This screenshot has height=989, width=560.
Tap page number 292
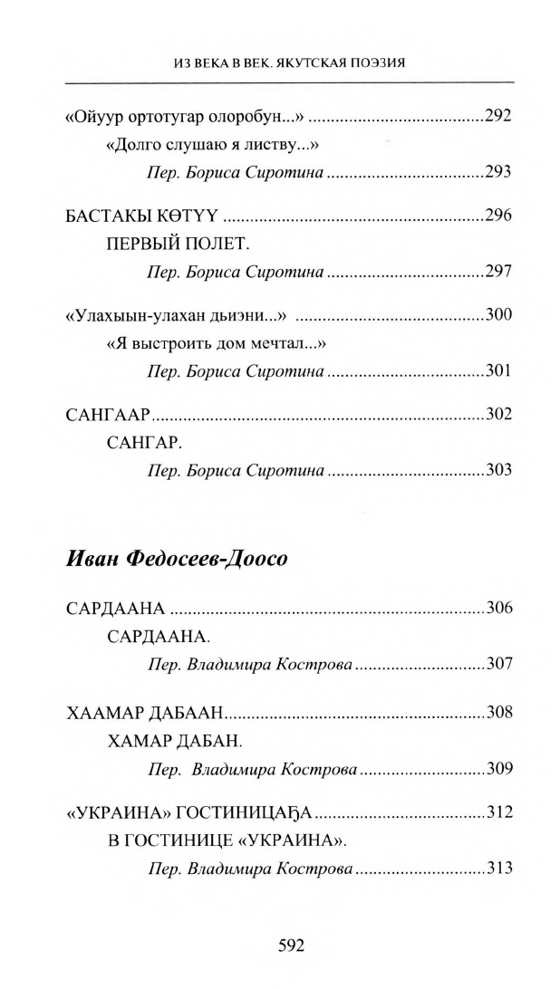click(498, 116)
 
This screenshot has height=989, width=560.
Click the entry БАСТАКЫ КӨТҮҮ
click(145, 216)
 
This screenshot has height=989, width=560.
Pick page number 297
click(498, 272)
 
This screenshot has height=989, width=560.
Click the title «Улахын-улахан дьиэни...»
click(177, 315)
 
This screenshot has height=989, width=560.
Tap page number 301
click(498, 371)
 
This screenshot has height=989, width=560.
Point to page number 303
click(498, 471)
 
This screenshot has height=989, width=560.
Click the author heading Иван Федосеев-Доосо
click(177, 559)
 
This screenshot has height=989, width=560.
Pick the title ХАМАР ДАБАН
click(174, 742)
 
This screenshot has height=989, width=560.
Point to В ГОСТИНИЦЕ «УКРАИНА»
click(227, 840)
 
